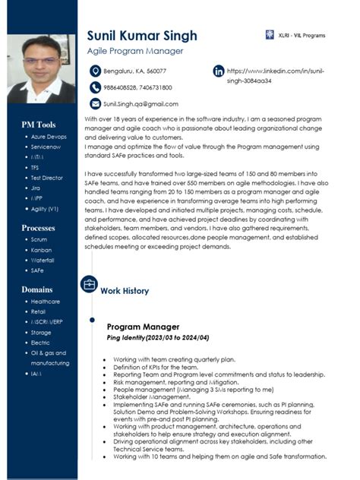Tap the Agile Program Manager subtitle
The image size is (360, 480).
[135, 51]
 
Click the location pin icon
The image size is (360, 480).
[95, 71]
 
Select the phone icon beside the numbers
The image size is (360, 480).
[95, 87]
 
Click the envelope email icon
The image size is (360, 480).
[95, 103]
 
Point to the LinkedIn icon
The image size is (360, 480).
[219, 71]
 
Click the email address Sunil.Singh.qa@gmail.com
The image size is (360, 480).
[141, 104]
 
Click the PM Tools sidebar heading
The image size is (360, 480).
[39, 125]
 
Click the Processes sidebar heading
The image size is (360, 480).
[39, 228]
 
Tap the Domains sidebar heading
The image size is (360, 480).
[36, 290]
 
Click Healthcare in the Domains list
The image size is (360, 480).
[45, 301]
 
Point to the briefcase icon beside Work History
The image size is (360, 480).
[89, 285]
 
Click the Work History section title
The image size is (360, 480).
[125, 291]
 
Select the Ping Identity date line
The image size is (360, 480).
[157, 336]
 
